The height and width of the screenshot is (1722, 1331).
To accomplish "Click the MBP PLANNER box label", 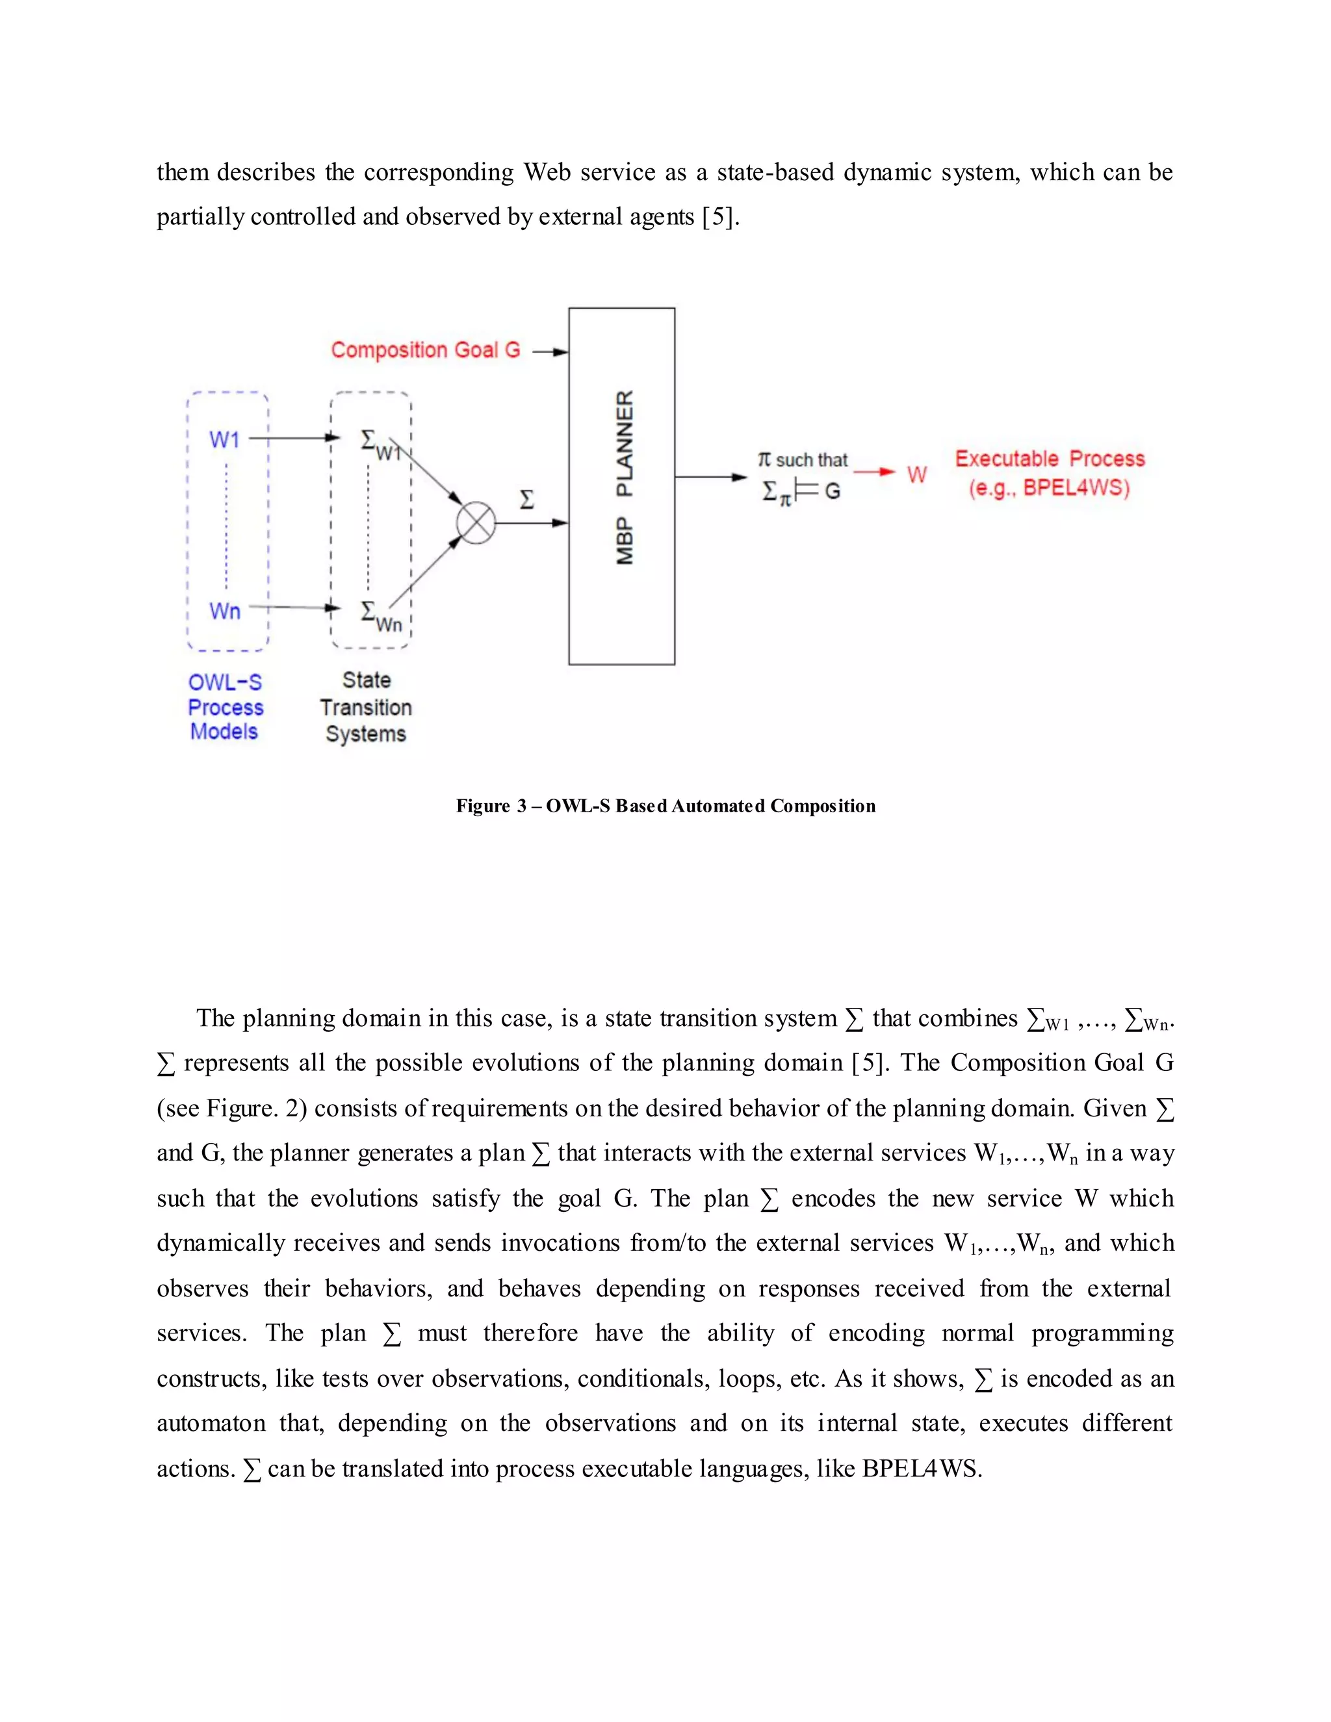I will point(624,478).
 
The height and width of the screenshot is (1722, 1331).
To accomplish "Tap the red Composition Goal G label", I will point(425,350).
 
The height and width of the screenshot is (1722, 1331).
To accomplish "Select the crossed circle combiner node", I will point(476,522).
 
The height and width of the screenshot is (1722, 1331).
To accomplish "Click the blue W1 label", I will point(224,439).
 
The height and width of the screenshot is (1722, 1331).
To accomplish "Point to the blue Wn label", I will point(224,611).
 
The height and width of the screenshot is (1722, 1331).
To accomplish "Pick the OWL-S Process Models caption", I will point(225,707).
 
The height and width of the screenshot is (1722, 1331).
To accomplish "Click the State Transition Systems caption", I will point(366,707).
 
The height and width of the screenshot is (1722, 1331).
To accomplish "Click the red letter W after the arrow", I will point(916,474).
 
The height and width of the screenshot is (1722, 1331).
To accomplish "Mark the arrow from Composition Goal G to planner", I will point(550,352).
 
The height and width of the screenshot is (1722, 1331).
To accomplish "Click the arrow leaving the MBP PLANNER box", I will point(710,477).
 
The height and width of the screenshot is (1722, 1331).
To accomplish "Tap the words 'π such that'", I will point(802,459).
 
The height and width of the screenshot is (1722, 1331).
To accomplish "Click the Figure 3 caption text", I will point(665,806).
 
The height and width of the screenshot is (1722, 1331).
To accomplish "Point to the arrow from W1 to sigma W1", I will point(293,437).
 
